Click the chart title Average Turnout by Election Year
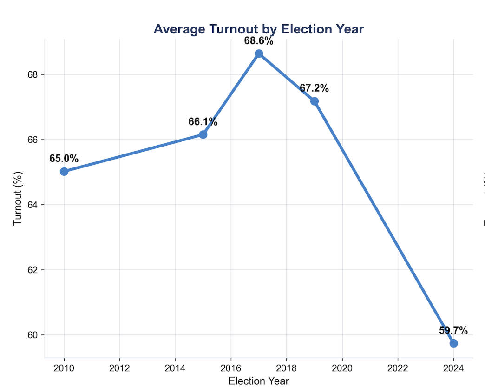click(x=258, y=29)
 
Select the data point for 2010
click(x=64, y=171)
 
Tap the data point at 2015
click(x=203, y=134)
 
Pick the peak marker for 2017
click(x=259, y=54)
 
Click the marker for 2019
click(x=315, y=101)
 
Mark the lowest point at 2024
click(x=453, y=343)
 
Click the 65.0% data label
click(x=64, y=159)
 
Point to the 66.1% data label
click(x=203, y=122)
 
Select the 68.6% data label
click(x=258, y=41)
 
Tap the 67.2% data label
click(x=314, y=88)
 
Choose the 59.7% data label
click(x=453, y=331)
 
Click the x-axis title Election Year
click(x=259, y=381)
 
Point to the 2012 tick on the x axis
click(x=120, y=368)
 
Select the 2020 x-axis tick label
click(x=342, y=368)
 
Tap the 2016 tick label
click(x=231, y=368)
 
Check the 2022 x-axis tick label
click(x=398, y=368)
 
